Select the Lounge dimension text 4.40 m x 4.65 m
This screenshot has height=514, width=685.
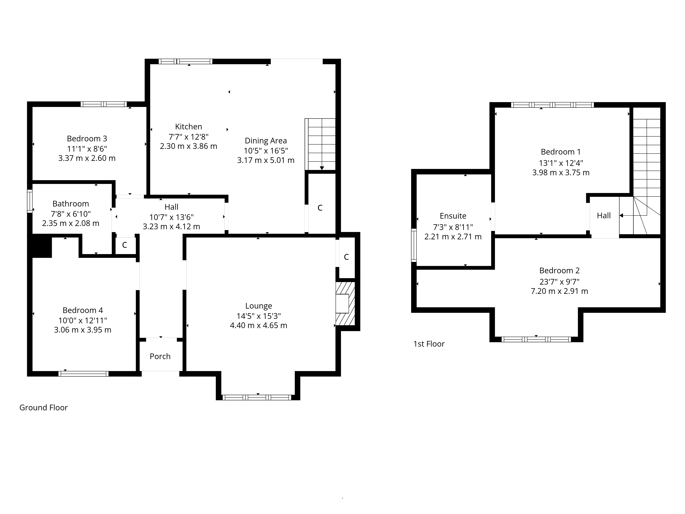(x=259, y=325)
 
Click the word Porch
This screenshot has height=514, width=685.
(x=160, y=356)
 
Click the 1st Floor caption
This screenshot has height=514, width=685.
(x=429, y=344)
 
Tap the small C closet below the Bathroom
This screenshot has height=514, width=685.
(x=124, y=245)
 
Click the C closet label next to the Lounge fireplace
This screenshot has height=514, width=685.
(x=346, y=257)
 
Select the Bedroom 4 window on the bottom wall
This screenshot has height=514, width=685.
(x=84, y=374)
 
